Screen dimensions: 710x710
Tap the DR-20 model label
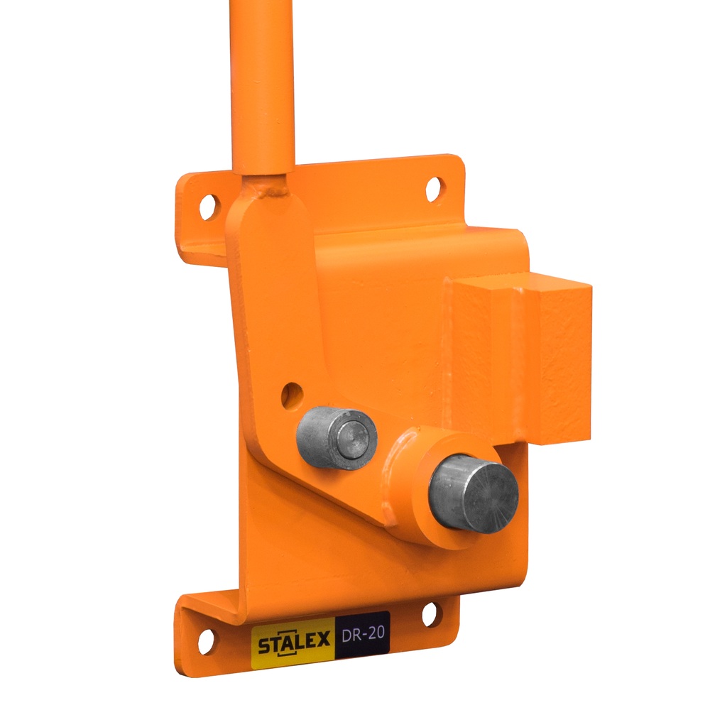[x=363, y=634]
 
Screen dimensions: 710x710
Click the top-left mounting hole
[x=208, y=207]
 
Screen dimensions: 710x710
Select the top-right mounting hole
[x=434, y=190]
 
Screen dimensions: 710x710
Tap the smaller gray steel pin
[x=337, y=438]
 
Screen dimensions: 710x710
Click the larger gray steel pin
[x=473, y=494]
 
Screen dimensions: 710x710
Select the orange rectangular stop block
[x=520, y=358]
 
